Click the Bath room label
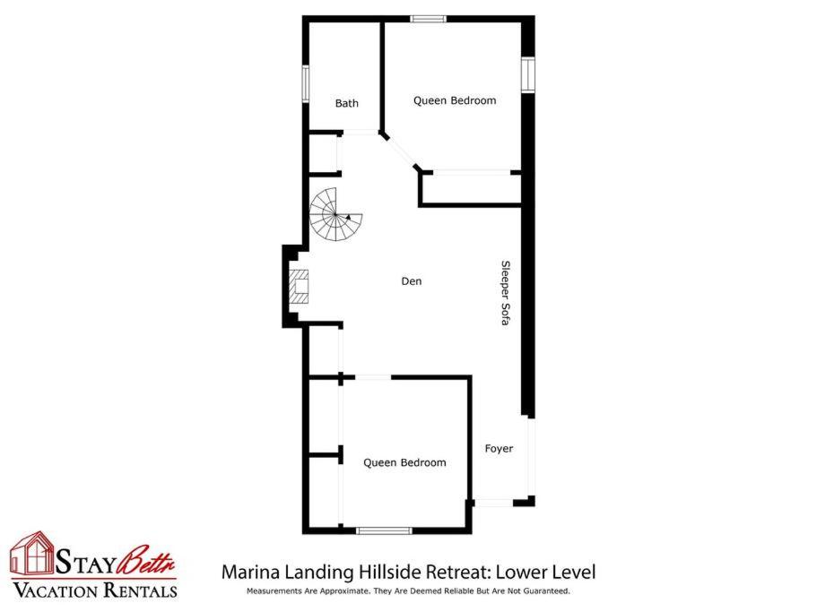pos(346,103)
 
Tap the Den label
pos(411,281)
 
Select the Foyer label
pos(499,449)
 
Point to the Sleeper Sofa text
pos(505,293)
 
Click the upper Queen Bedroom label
pos(455,100)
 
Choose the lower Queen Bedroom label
pos(404,462)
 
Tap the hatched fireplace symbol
pos(300,287)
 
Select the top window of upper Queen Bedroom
pos(428,19)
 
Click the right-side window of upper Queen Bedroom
pos(528,74)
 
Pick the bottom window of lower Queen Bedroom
pos(384,530)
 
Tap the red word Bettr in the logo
pos(146,560)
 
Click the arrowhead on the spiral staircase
pos(348,216)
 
